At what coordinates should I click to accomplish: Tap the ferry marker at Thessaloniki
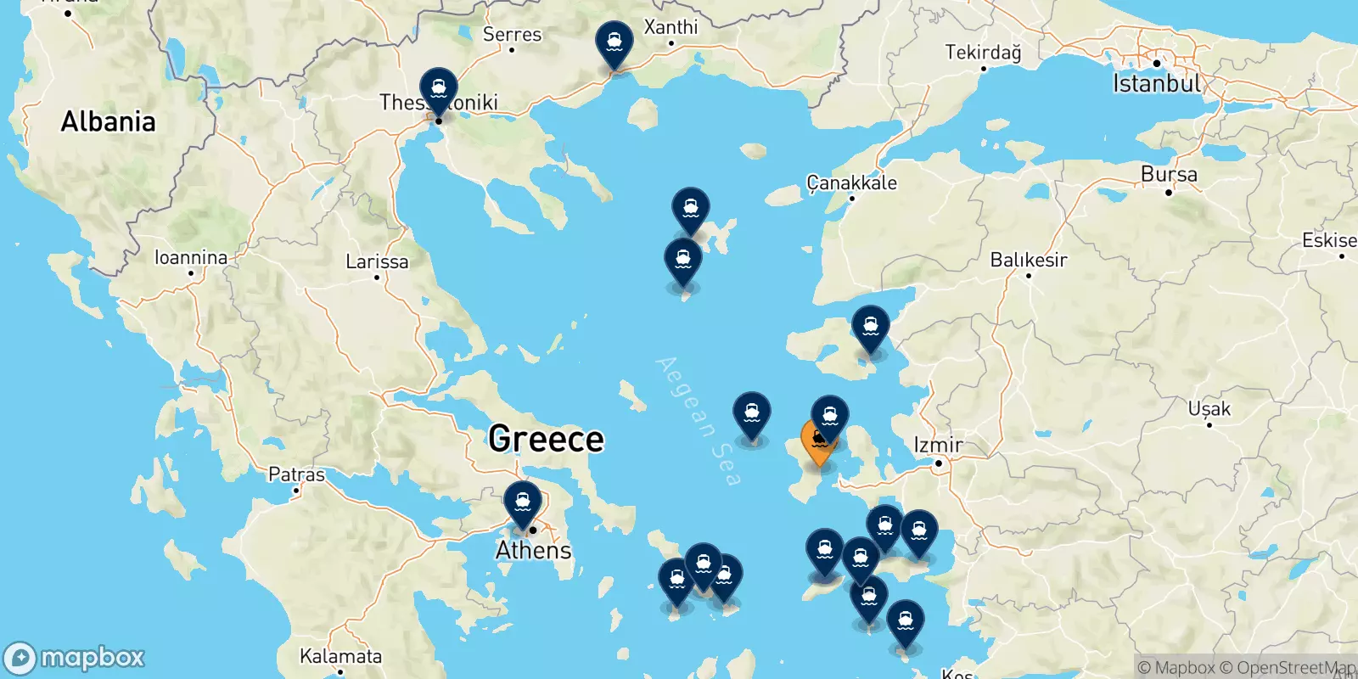(439, 88)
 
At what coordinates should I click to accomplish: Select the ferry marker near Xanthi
(614, 42)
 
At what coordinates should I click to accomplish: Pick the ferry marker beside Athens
(523, 502)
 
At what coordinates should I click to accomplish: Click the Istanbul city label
(1157, 83)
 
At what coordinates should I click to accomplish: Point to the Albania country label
(108, 122)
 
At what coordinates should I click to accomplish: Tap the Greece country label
(546, 439)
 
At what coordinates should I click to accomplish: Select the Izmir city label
(938, 445)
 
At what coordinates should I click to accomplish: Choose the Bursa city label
(1169, 175)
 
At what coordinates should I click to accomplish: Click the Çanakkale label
(851, 182)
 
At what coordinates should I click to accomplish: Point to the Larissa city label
(377, 261)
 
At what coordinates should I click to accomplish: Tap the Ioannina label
(191, 257)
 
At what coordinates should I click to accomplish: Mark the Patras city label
(296, 474)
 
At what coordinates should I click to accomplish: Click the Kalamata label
(340, 656)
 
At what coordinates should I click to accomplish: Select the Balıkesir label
(1029, 260)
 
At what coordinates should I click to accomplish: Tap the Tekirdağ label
(983, 53)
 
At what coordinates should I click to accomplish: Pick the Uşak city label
(1209, 409)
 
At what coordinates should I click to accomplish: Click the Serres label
(512, 35)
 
